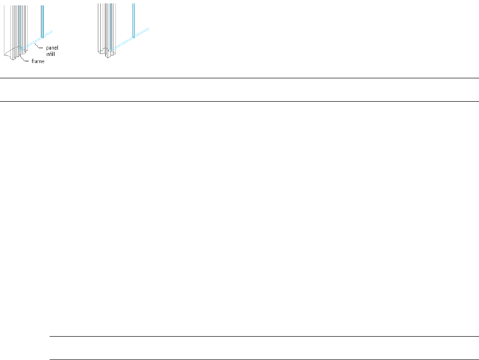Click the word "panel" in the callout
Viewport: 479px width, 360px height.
pos(52,48)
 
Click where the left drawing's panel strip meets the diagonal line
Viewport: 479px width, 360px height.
pos(42,37)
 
